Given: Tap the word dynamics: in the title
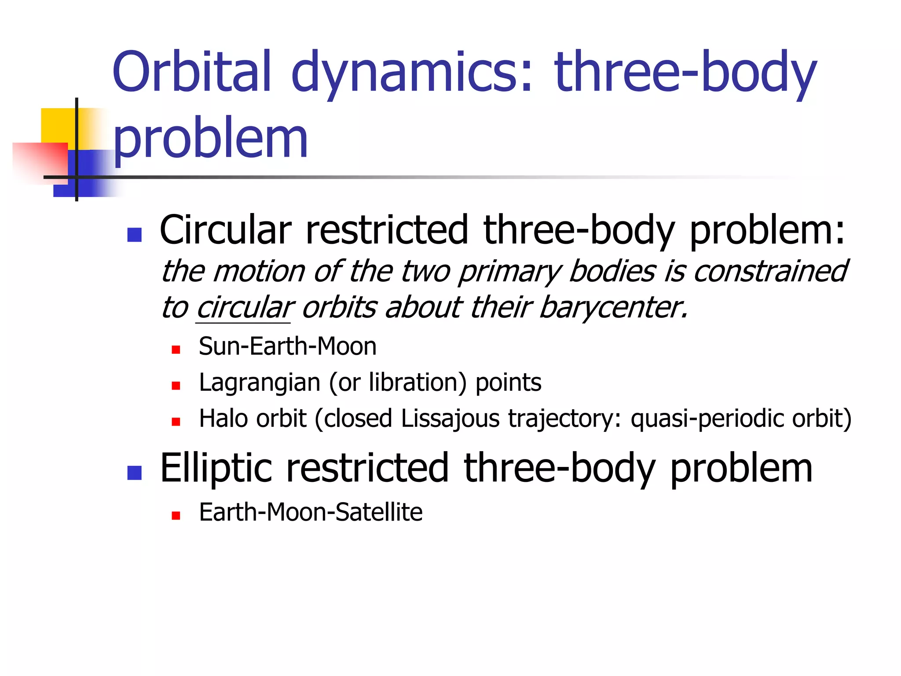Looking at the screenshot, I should (412, 73).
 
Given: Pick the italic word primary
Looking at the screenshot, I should (509, 272).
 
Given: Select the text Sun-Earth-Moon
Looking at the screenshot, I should (287, 346).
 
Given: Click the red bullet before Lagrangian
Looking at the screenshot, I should (176, 386).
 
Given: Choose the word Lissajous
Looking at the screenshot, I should (450, 418).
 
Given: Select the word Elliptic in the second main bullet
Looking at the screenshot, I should (216, 468).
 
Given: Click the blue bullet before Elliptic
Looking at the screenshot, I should (134, 473).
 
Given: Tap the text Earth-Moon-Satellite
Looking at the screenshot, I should (311, 512).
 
